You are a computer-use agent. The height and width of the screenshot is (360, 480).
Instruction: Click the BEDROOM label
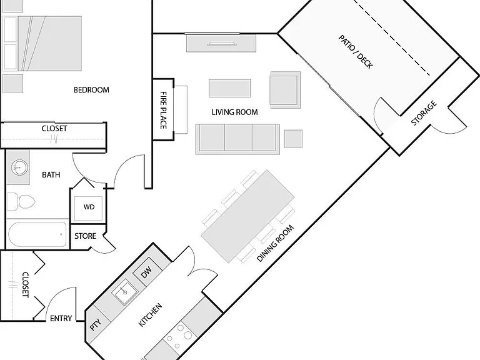tap(91, 90)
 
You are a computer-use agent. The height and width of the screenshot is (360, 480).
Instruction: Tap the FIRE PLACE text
tap(164, 110)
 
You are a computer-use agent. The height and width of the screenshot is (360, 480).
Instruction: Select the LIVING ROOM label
tap(235, 112)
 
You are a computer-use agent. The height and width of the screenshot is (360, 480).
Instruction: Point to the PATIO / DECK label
tap(356, 52)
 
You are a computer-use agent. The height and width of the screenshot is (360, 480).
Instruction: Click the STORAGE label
tap(424, 113)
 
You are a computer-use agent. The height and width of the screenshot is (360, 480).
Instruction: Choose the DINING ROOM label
tap(275, 243)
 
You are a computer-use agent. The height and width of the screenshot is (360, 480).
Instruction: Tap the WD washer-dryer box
tap(89, 207)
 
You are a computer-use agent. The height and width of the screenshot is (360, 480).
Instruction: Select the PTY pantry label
tap(96, 325)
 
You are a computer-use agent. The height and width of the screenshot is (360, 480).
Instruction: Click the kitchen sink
tap(124, 292)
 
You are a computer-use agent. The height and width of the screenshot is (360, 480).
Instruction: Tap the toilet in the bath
tap(21, 202)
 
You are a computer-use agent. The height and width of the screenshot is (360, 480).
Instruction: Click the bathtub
tap(37, 235)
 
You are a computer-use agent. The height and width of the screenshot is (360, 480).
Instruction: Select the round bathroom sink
tap(19, 167)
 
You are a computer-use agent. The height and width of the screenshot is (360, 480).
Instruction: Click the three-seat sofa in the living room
tap(237, 139)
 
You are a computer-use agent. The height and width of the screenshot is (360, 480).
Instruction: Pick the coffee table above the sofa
tap(230, 88)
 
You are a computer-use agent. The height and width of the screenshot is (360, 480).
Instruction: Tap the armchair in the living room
tap(285, 90)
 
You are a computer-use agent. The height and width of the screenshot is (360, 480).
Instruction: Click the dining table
tap(247, 216)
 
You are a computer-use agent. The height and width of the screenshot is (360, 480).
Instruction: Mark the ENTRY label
tap(61, 319)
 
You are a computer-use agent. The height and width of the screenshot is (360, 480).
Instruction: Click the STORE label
tap(86, 236)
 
